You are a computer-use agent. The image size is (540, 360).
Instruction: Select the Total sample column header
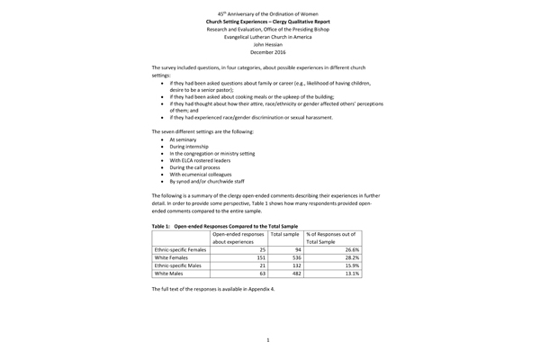[x=284, y=233]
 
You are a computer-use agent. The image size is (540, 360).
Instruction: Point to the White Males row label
[x=171, y=276]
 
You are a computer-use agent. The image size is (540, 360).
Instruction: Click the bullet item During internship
[x=187, y=150]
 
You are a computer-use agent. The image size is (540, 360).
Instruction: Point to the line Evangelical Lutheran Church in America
[x=268, y=36]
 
